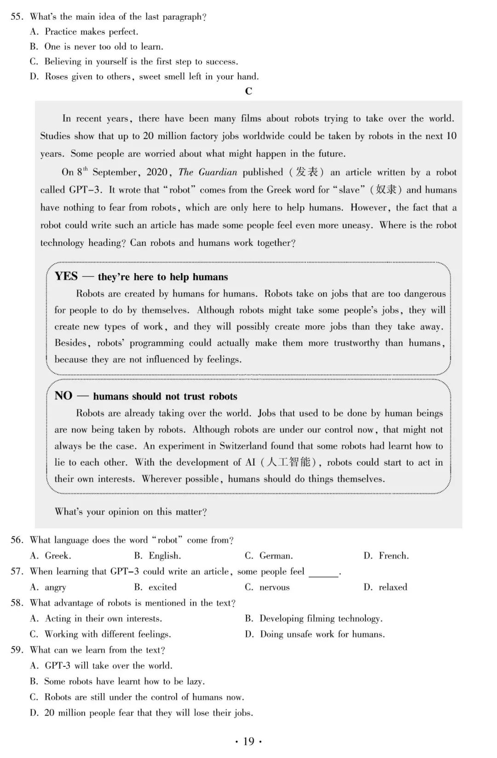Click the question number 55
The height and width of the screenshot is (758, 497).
(17, 17)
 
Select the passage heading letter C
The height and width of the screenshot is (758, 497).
(248, 91)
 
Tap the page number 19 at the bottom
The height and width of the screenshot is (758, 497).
(248, 741)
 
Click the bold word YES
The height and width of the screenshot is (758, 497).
(66, 276)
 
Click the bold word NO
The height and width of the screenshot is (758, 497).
(64, 396)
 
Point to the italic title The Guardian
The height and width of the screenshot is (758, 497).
(208, 172)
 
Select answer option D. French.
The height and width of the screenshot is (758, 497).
(386, 556)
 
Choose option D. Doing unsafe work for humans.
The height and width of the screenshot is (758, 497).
(315, 634)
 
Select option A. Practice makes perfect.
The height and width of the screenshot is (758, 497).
(84, 32)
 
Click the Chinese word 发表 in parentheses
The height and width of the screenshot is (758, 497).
(306, 172)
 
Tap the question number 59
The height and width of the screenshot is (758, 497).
(17, 650)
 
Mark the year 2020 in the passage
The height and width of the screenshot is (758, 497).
(156, 172)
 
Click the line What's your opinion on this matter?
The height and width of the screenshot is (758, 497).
(131, 512)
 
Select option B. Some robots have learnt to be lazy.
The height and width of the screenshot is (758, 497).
(118, 682)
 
